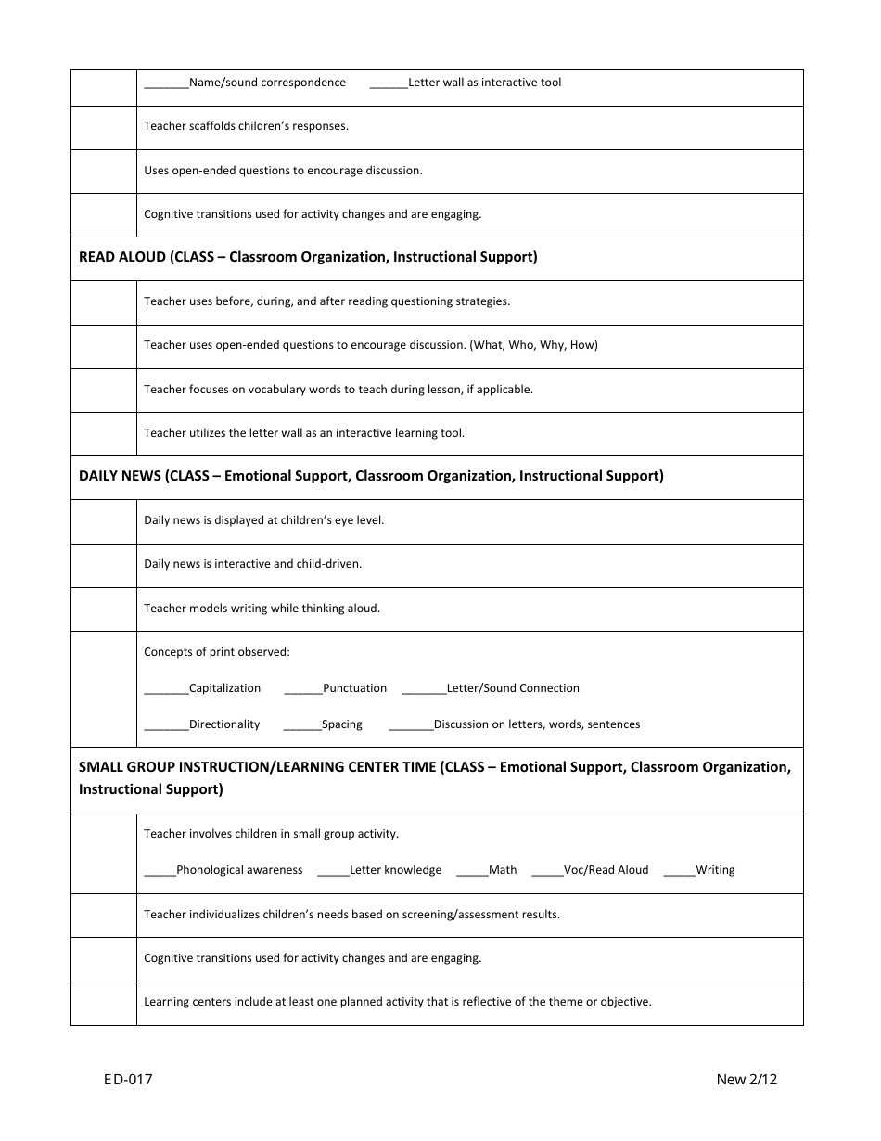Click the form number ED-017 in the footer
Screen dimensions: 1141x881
pyautogui.click(x=128, y=1079)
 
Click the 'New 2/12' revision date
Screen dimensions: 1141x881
pyautogui.click(x=746, y=1079)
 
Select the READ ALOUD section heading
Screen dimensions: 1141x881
pyautogui.click(x=308, y=257)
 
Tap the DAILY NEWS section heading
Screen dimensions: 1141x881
pyautogui.click(x=371, y=476)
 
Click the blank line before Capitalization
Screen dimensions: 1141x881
pyautogui.click(x=166, y=690)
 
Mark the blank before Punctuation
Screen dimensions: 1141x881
pyautogui.click(x=303, y=690)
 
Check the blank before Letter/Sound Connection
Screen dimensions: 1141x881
pyautogui.click(x=424, y=690)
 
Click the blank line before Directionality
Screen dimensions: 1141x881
pyautogui.click(x=166, y=726)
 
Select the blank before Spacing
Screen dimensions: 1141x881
pyautogui.click(x=302, y=726)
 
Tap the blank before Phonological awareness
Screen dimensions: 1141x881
pyautogui.click(x=160, y=872)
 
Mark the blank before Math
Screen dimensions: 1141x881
pyautogui.click(x=472, y=872)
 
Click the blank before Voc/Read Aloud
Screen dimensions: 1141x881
pyautogui.click(x=548, y=872)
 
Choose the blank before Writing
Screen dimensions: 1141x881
pyautogui.click(x=679, y=872)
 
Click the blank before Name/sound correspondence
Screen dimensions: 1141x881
pyautogui.click(x=166, y=84)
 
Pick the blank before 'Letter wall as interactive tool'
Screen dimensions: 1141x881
pyautogui.click(x=389, y=84)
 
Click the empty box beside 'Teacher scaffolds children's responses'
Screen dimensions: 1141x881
pyautogui.click(x=104, y=127)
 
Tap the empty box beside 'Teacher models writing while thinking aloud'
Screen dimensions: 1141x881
pyautogui.click(x=104, y=609)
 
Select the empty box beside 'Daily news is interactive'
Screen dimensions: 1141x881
pyautogui.click(x=104, y=565)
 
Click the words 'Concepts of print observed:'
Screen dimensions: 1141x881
pyautogui.click(x=216, y=652)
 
